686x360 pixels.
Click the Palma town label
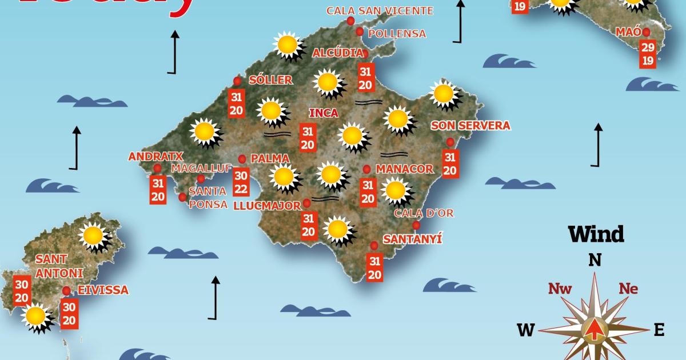(x=270, y=158)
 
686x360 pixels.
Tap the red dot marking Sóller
(x=237, y=81)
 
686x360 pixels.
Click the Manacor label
(x=405, y=169)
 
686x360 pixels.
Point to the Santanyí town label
(x=412, y=239)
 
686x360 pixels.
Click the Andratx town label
(x=147, y=156)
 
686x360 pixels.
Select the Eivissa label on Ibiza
(x=103, y=290)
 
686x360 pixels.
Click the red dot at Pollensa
(x=360, y=32)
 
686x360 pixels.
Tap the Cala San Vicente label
(x=380, y=10)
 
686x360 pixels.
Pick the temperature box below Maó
(x=648, y=54)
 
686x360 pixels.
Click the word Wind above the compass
(x=596, y=234)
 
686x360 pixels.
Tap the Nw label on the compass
(x=560, y=289)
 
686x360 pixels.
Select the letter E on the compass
(x=659, y=330)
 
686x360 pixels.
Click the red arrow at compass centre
(x=595, y=330)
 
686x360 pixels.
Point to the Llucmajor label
(x=267, y=206)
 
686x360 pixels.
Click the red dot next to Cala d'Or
(x=416, y=225)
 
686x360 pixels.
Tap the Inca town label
(x=323, y=113)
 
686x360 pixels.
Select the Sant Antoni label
(x=59, y=266)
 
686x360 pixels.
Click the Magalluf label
(x=201, y=168)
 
